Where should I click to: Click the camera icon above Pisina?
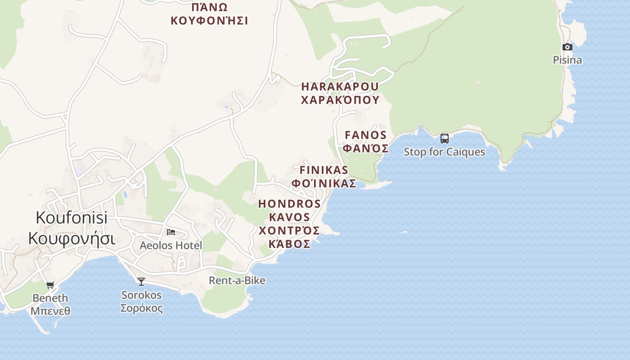tap(567, 47)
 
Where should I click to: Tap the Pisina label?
tap(567, 60)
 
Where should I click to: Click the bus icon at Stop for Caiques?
tap(445, 138)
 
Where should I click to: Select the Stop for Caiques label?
tap(445, 152)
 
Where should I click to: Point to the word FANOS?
tap(365, 135)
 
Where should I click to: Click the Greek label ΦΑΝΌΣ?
tap(365, 148)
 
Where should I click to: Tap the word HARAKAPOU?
tap(340, 86)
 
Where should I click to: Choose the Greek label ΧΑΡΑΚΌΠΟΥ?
tap(340, 100)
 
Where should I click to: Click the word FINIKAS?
tap(324, 170)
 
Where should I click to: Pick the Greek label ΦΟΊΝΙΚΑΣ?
tap(324, 184)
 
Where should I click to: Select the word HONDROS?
tap(289, 204)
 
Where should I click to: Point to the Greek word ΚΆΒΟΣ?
tap(289, 244)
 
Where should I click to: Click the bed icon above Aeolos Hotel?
tap(171, 232)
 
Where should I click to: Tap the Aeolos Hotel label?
tap(171, 246)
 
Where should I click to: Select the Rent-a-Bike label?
tap(237, 281)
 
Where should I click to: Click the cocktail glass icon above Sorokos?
tap(141, 282)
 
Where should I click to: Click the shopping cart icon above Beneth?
tap(50, 285)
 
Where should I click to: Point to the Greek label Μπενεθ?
tap(50, 310)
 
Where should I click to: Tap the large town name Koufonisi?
tap(72, 218)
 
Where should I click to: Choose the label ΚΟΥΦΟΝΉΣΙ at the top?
tap(209, 21)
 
